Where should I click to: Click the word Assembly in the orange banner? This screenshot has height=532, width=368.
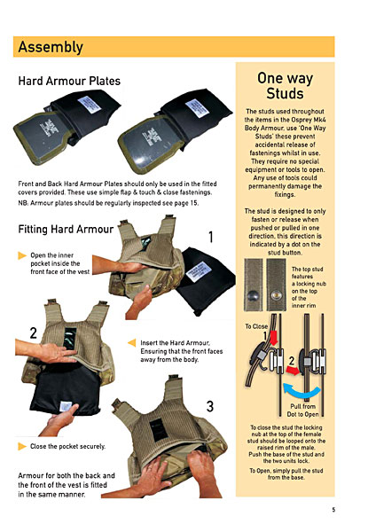coord(51,47)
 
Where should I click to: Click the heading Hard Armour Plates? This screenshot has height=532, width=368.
coord(69,81)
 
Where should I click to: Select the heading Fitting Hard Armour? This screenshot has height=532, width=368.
coord(66,230)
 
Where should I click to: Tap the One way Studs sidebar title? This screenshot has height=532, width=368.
coord(285,86)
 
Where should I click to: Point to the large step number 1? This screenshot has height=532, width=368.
coord(211,237)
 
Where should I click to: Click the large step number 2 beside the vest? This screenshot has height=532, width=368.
coord(33,333)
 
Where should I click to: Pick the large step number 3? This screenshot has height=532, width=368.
coord(210,406)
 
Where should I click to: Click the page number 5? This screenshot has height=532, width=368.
coord(333,510)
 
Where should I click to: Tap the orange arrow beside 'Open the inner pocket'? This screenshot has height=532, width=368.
coord(22,255)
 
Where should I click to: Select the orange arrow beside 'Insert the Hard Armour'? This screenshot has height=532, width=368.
coord(132,342)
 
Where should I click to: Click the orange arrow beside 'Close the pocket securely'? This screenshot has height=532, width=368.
coord(22,446)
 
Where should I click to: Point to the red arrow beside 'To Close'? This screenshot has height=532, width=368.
coord(273,337)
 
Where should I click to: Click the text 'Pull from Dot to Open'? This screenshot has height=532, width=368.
coord(303,411)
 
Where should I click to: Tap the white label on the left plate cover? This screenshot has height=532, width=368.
coord(89,105)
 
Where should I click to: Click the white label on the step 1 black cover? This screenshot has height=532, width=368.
coord(199,271)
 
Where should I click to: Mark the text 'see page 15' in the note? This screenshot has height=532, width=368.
coord(182,203)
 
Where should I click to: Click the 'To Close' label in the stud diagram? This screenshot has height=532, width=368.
coord(256,326)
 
